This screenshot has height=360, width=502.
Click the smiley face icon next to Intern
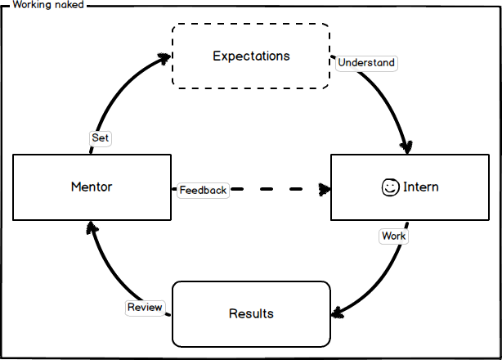pos(390,187)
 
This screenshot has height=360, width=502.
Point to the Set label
pos(100,138)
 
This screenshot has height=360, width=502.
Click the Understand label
pos(366,63)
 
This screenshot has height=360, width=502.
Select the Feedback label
pos(203,191)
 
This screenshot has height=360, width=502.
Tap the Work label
pos(393,236)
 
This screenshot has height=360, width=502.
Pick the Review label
pos(145,308)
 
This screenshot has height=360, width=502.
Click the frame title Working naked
pos(47,5)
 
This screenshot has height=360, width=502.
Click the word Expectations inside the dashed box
pos(251,56)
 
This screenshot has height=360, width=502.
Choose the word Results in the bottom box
pos(251,314)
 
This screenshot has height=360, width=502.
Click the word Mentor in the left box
pos(92,187)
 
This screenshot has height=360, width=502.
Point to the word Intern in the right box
pos(420,187)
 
